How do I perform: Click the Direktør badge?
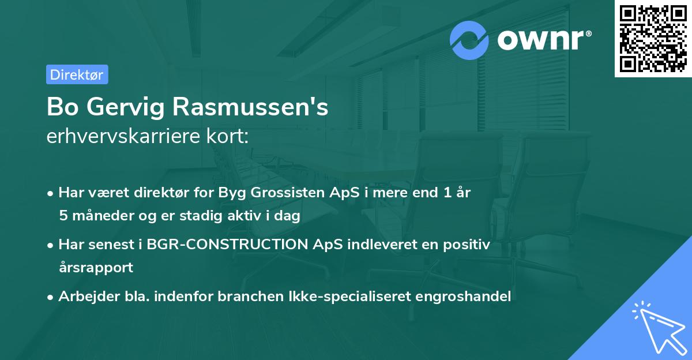(x=77, y=74)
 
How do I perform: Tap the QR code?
(x=653, y=38)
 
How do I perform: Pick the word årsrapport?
(x=96, y=267)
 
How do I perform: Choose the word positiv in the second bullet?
(x=467, y=245)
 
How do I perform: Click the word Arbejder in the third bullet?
(x=84, y=297)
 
